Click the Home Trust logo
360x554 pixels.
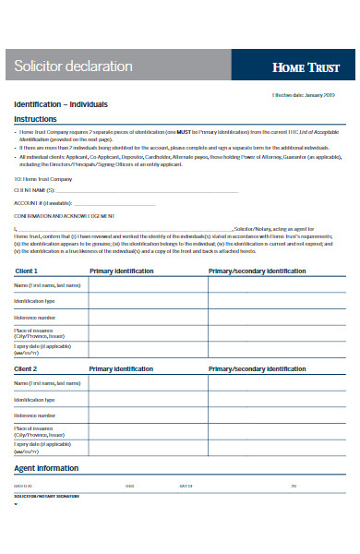(x=306, y=67)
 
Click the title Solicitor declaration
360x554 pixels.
(x=73, y=66)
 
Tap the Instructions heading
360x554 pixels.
(x=35, y=119)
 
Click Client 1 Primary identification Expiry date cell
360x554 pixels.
(x=148, y=350)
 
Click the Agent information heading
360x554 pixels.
(x=45, y=468)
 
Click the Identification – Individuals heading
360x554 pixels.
(x=60, y=104)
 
